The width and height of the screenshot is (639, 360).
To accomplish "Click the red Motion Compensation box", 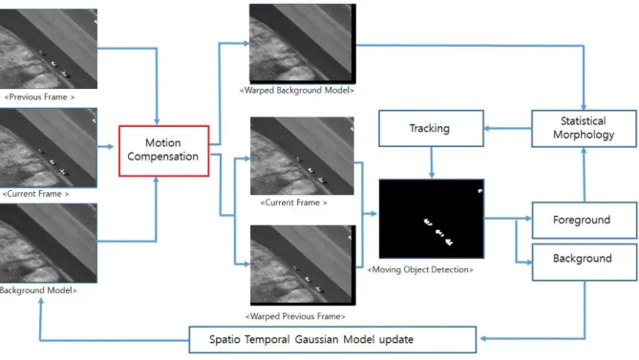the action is click(164, 151).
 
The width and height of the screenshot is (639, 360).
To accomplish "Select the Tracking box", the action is click(431, 128).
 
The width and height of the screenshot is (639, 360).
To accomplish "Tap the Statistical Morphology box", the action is click(584, 128).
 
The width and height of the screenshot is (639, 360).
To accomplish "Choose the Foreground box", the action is click(585, 220).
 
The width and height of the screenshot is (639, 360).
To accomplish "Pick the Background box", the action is click(585, 263).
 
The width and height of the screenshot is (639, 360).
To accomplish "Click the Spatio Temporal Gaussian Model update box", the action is click(332, 340).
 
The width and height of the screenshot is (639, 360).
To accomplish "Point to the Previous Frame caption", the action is click(39, 97).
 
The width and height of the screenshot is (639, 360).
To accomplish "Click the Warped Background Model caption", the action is click(297, 91).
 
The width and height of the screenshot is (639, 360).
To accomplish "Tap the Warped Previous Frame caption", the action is click(295, 316).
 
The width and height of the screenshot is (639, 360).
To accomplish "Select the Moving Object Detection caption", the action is click(420, 269).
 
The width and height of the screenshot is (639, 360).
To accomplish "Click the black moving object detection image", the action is click(432, 219).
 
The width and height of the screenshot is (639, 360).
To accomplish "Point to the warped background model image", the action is click(303, 44).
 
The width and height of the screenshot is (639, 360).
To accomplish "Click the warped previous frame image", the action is click(303, 265).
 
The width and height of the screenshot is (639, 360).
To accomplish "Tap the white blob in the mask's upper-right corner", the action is click(480, 191).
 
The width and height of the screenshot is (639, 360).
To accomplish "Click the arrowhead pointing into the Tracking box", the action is click(487, 129).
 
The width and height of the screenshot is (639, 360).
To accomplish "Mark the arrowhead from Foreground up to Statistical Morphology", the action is click(584, 151).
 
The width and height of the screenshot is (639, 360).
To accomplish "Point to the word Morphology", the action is click(584, 135).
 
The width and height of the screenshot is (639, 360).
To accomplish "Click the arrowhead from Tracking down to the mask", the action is click(432, 175).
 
